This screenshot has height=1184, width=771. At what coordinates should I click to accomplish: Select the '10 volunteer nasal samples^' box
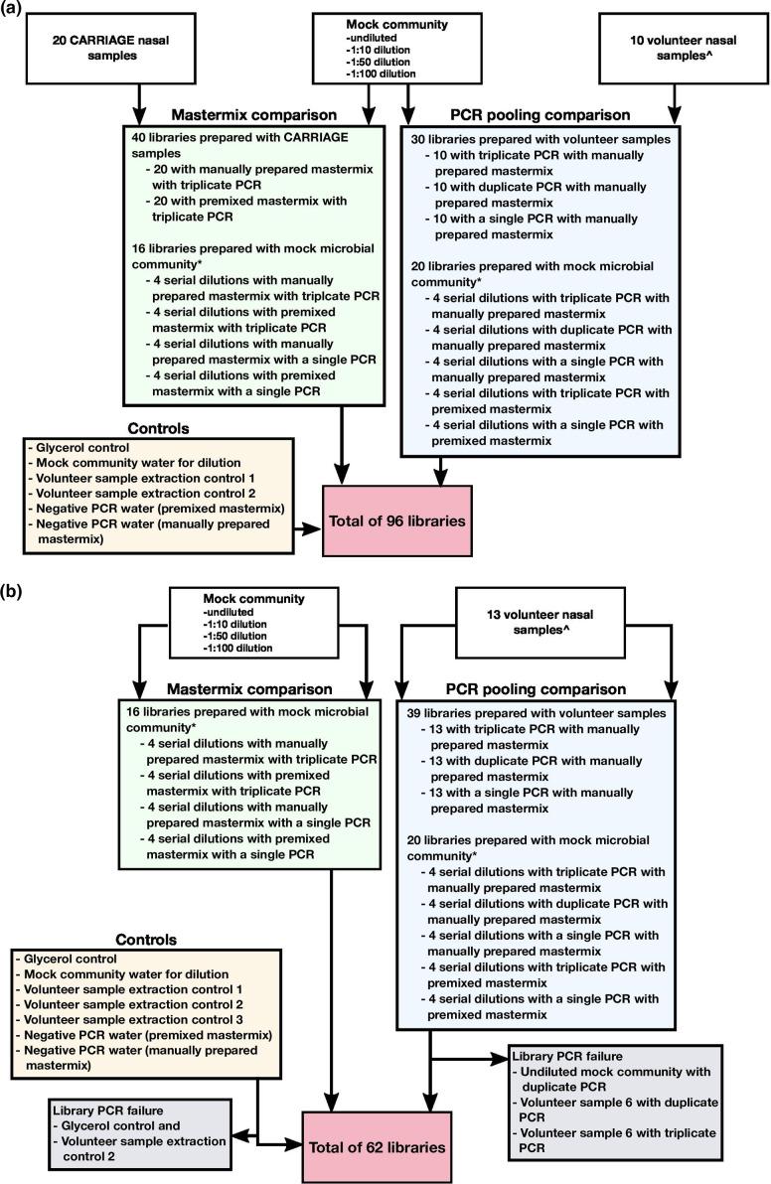(676, 46)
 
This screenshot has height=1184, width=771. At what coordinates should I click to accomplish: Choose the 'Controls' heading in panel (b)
(146, 938)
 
